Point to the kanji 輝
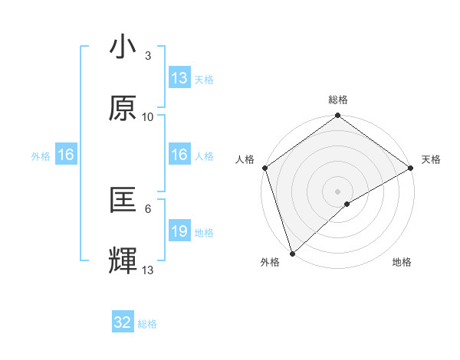pyautogui.click(x=123, y=261)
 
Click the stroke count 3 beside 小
pyautogui.click(x=147, y=55)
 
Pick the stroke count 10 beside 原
pyautogui.click(x=148, y=116)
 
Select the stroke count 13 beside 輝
pyautogui.click(x=148, y=270)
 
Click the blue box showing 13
pyautogui.click(x=179, y=78)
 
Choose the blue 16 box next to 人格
pyautogui.click(x=179, y=155)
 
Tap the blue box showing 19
pyautogui.click(x=179, y=231)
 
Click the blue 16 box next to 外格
pyautogui.click(x=66, y=155)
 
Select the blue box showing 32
pyautogui.click(x=123, y=322)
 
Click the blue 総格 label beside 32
pyautogui.click(x=147, y=324)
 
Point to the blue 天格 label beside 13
pyautogui.click(x=203, y=79)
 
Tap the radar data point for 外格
pyautogui.click(x=292, y=252)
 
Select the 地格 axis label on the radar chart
pyautogui.click(x=402, y=263)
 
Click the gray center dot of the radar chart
pyautogui.click(x=337, y=191)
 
